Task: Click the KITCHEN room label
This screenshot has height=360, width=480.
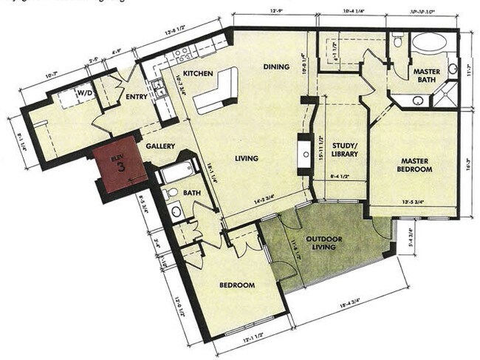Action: click(x=199, y=74)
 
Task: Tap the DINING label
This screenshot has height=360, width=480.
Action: click(x=276, y=67)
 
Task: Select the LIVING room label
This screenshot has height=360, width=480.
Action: click(x=246, y=158)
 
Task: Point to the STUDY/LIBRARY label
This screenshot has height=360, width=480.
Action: click(x=345, y=149)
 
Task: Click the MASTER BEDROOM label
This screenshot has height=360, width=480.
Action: click(x=416, y=164)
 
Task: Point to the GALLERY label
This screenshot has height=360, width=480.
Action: click(x=160, y=146)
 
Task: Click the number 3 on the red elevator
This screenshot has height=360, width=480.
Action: click(x=117, y=167)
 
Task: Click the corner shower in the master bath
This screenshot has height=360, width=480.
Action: click(x=445, y=94)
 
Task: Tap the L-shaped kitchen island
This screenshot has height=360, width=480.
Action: click(x=219, y=91)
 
